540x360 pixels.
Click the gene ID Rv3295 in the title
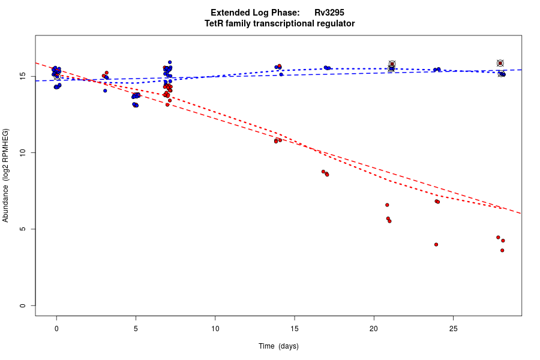click(x=329, y=13)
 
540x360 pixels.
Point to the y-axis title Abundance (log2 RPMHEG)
click(x=6, y=175)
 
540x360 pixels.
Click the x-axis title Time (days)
click(x=278, y=346)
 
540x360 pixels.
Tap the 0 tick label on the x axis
click(x=56, y=329)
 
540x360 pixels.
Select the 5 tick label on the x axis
click(x=136, y=329)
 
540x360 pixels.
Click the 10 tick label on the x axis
click(x=215, y=329)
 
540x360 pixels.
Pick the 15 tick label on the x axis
click(x=295, y=329)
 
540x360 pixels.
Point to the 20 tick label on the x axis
click(x=374, y=329)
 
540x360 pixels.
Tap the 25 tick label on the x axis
click(x=453, y=329)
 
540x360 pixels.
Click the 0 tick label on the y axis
click(x=22, y=305)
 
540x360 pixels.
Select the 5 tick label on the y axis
click(x=22, y=229)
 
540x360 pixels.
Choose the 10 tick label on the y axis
click(x=22, y=153)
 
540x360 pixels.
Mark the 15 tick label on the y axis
click(x=22, y=77)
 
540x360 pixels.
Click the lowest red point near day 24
click(x=436, y=244)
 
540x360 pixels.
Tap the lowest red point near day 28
click(x=502, y=250)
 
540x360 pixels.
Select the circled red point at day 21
click(x=392, y=64)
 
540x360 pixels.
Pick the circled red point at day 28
click(x=500, y=63)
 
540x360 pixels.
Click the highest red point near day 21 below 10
click(x=387, y=205)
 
